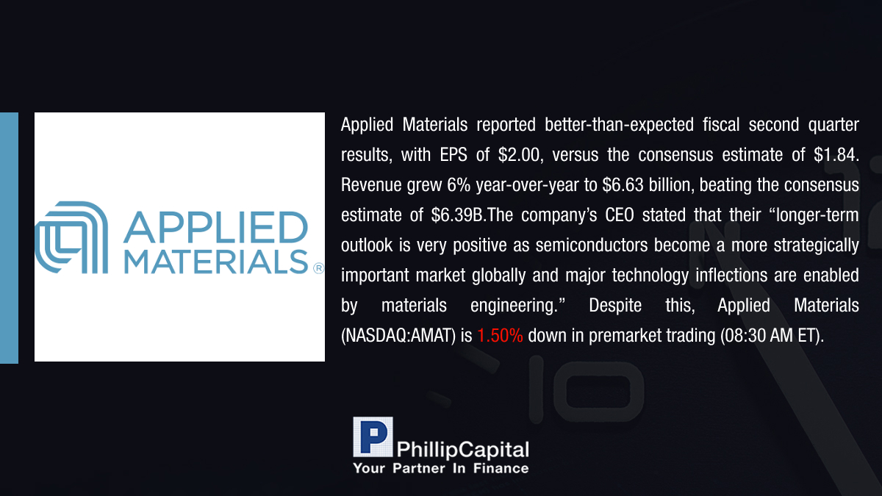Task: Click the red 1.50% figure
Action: [500, 335]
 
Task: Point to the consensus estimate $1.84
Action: [836, 155]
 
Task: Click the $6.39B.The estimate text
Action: [472, 215]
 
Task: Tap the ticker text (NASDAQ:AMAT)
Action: [398, 336]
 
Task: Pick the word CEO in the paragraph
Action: [620, 215]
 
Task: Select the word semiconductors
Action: [592, 245]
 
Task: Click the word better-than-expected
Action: [619, 125]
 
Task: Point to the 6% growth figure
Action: [459, 184]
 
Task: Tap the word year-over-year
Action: [527, 185]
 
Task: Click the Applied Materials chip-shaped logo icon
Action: [71, 237]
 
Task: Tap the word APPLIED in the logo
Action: [216, 227]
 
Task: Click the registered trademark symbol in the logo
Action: [318, 268]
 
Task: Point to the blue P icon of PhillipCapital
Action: [373, 437]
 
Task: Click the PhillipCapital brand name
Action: [462, 450]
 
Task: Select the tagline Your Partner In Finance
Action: [440, 468]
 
